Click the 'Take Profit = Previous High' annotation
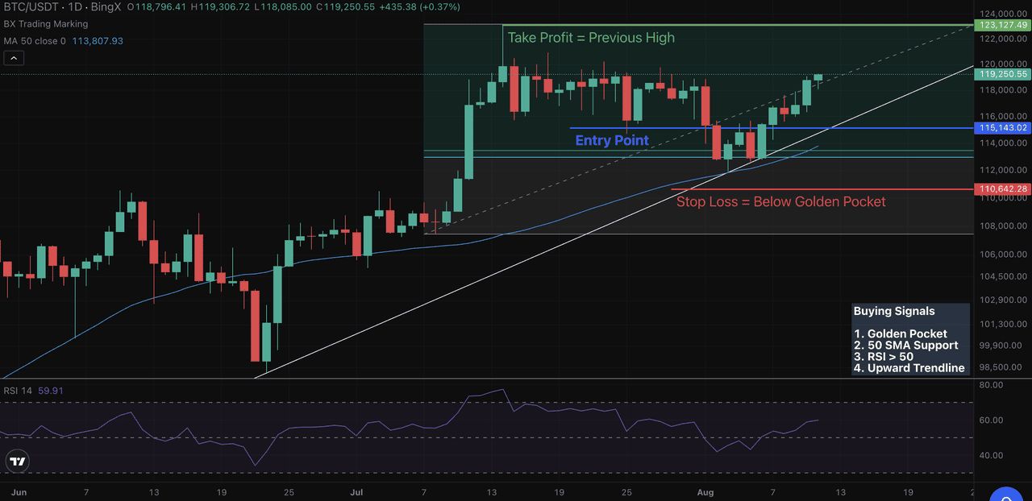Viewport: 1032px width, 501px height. [x=591, y=38]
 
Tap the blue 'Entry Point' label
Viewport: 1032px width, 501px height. [x=612, y=140]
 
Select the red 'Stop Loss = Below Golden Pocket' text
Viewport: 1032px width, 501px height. [x=780, y=201]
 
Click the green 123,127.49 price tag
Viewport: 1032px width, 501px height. [x=1002, y=25]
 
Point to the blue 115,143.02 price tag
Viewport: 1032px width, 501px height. [x=1002, y=127]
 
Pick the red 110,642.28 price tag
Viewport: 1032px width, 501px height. [x=1002, y=189]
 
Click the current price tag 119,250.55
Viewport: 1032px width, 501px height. [x=1002, y=74]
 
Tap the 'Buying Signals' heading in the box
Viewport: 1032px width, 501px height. [x=894, y=311]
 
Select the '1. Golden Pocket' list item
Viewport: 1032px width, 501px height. [x=901, y=333]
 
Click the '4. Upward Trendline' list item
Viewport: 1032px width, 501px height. [x=909, y=368]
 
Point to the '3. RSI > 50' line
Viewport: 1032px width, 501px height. [x=884, y=357]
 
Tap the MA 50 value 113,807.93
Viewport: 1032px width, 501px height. [x=97, y=40]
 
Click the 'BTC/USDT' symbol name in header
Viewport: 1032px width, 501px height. [x=31, y=7]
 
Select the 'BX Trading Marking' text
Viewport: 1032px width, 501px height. [x=46, y=24]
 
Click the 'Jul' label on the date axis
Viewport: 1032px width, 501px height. [x=356, y=492]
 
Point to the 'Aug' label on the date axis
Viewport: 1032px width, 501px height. [x=705, y=492]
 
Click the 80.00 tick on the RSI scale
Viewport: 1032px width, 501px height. [x=990, y=385]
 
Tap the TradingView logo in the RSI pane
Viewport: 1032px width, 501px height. [x=17, y=462]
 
